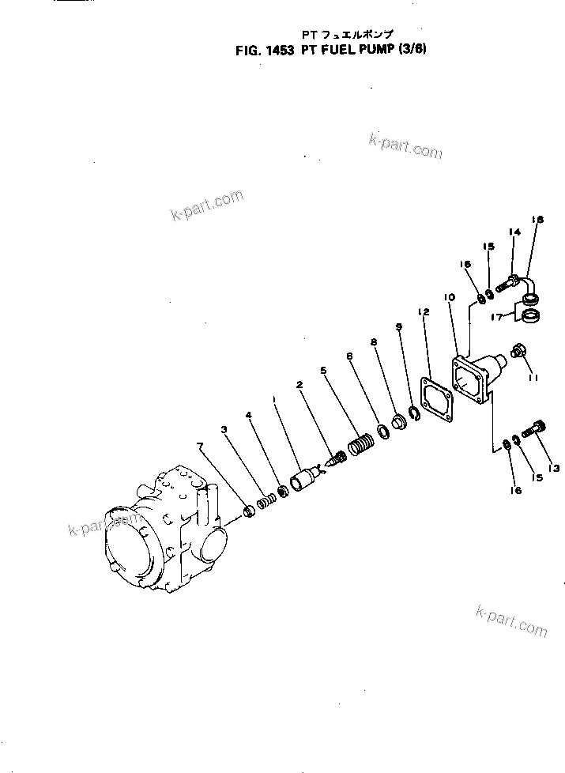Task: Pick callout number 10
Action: tap(449, 297)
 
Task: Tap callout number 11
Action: tap(534, 378)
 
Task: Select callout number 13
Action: tap(554, 469)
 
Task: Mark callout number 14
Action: tap(514, 232)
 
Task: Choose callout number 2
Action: tap(300, 385)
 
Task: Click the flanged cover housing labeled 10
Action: tap(474, 377)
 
